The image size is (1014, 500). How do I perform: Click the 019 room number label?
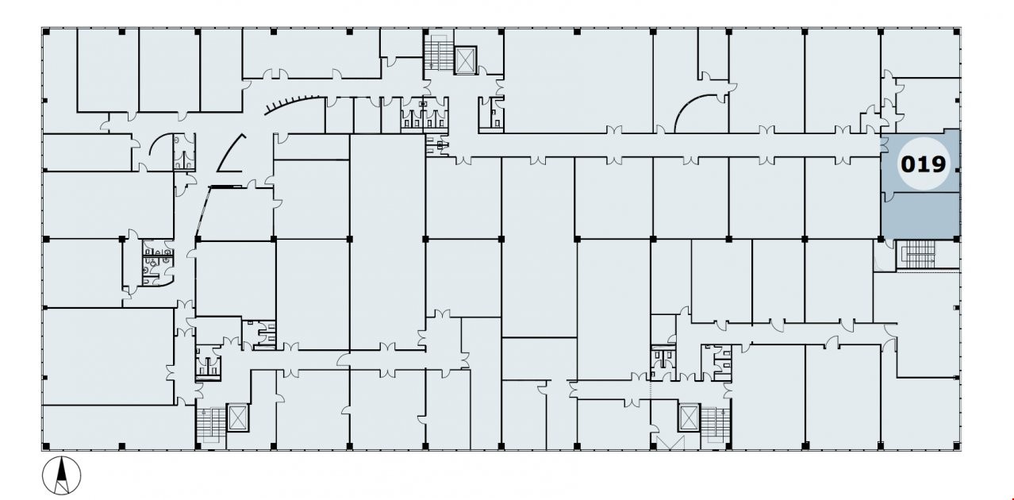[923, 164]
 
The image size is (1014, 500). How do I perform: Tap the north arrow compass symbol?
[62, 475]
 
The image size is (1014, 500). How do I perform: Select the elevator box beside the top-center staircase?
[466, 60]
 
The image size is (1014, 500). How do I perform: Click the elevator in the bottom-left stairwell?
[237, 417]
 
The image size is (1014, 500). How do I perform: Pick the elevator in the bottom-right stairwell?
[689, 417]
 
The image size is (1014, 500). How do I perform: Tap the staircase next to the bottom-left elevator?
[211, 424]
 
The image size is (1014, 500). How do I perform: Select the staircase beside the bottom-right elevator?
[715, 424]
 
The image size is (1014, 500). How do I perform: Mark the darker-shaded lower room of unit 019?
[920, 215]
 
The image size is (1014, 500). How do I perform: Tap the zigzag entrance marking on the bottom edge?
[670, 442]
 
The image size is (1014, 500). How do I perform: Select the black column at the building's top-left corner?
[45, 32]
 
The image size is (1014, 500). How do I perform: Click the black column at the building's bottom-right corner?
[957, 446]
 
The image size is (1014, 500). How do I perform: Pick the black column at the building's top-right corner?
[957, 32]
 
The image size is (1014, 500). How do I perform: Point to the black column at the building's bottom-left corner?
[45, 446]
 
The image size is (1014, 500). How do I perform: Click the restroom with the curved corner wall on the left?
[157, 263]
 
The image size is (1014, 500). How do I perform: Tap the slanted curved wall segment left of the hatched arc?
[230, 153]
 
